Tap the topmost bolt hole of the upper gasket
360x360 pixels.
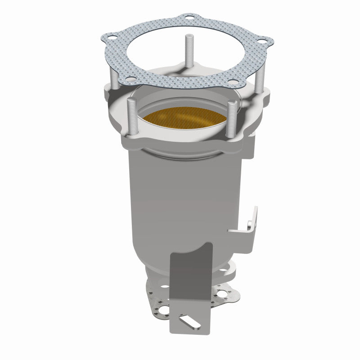click(x=187, y=19)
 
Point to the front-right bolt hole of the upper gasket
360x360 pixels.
click(x=233, y=81)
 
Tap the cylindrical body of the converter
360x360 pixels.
click(x=189, y=193)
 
